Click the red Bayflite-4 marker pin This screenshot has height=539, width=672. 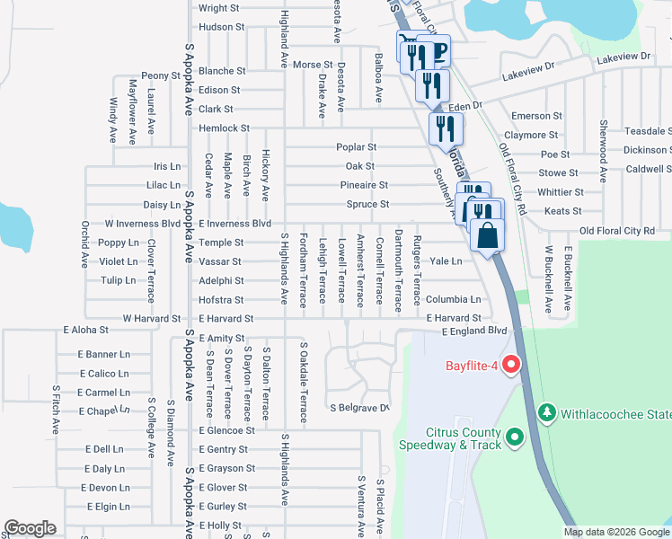click(x=512, y=365)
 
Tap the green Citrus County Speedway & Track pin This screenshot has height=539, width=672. click(x=515, y=437)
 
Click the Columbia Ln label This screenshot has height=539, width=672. click(x=454, y=299)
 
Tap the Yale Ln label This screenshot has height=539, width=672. click(x=446, y=261)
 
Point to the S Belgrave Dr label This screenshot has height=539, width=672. click(x=359, y=408)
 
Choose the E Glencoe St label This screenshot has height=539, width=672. click(x=227, y=430)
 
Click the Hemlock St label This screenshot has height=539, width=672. click(x=224, y=128)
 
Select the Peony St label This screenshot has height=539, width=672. click(x=161, y=75)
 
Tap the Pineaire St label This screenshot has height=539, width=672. click(x=364, y=185)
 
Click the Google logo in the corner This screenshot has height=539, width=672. click(x=30, y=528)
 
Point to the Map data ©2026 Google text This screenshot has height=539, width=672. click(x=615, y=532)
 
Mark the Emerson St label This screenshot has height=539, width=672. click(x=536, y=116)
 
